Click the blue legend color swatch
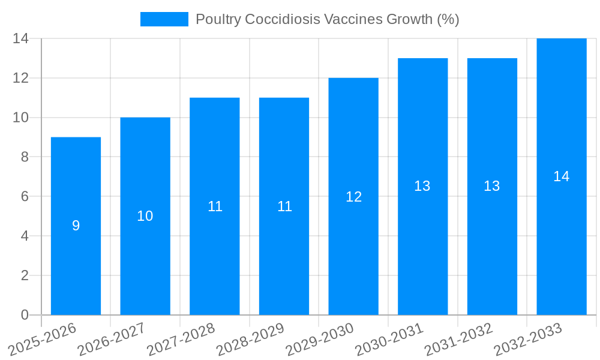164,19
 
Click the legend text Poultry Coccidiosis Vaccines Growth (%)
327,19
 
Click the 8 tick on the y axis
25,157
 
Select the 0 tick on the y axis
25,315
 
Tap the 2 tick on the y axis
25,275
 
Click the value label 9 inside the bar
76,226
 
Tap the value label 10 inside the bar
145,216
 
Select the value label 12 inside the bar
353,197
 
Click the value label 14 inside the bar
562,176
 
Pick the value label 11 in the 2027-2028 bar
215,206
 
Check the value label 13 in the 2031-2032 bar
492,186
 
